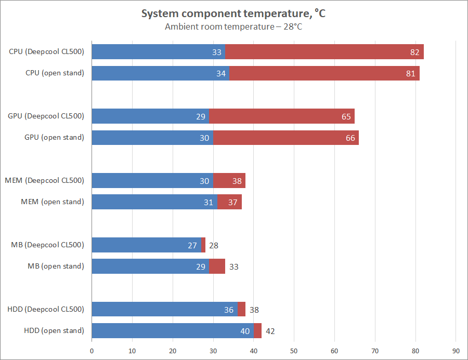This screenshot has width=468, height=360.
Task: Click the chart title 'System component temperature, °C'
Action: (x=233, y=14)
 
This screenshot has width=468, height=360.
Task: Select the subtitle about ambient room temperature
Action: (x=233, y=27)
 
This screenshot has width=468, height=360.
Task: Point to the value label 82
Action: (x=414, y=52)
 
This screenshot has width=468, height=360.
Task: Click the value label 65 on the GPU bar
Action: (x=346, y=116)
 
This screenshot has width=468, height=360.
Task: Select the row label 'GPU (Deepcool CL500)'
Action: (x=46, y=116)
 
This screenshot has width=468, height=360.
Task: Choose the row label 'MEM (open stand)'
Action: (x=52, y=202)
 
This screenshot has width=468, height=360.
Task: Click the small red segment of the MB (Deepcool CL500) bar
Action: (x=203, y=245)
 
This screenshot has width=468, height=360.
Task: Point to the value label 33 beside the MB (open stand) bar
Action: (x=234, y=266)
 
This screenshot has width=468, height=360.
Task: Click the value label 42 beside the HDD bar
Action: (x=270, y=331)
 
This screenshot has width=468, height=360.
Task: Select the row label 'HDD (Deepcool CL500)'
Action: (x=46, y=309)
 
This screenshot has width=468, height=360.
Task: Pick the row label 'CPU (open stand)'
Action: (x=55, y=73)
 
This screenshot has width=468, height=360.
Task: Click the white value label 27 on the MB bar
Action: (x=192, y=245)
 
